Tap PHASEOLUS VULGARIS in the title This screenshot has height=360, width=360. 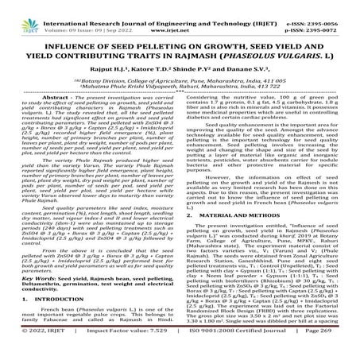pos(263,45)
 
